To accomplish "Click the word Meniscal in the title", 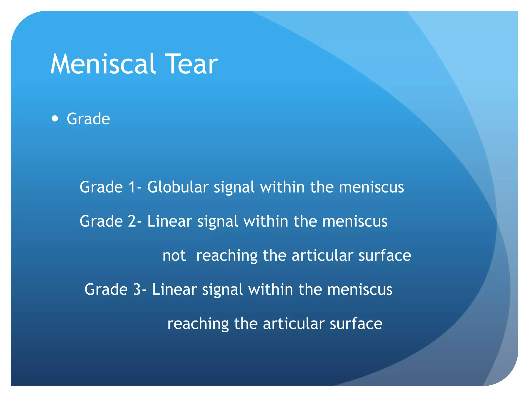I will tap(103, 64).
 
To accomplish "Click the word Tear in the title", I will tap(191, 64).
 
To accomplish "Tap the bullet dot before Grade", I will tap(55, 119).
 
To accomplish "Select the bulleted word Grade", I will tap(88, 119).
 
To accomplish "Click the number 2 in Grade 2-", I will tap(132, 221).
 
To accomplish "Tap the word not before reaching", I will tap(174, 256).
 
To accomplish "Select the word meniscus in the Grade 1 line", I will tap(371, 187).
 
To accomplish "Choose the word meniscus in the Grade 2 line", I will tap(355, 221).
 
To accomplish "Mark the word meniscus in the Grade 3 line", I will tap(360, 289).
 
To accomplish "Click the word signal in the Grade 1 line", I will tap(234, 187).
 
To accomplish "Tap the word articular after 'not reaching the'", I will tap(322, 256).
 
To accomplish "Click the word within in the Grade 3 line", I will tap(270, 289).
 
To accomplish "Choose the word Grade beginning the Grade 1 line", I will tap(101, 187).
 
